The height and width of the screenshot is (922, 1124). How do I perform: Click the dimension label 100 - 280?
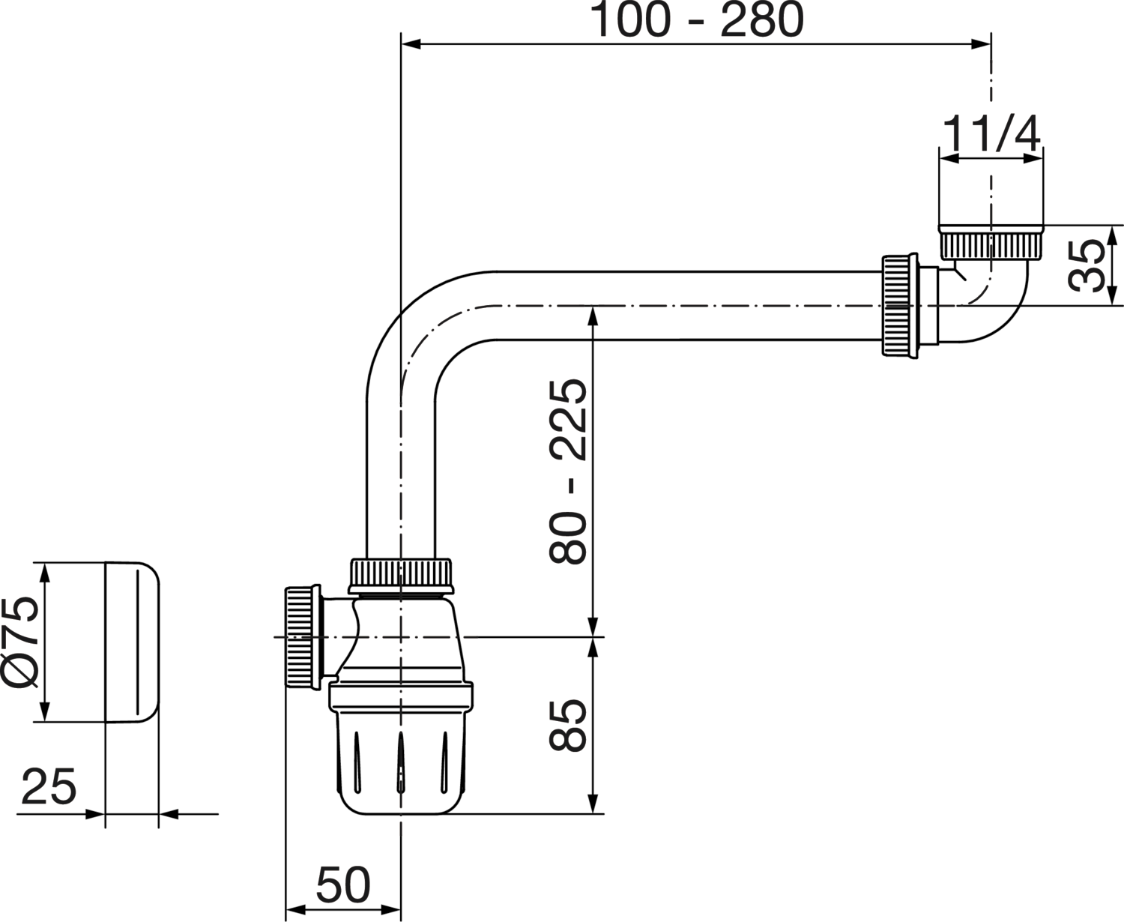[697, 20]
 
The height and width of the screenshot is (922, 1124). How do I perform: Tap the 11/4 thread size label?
[991, 135]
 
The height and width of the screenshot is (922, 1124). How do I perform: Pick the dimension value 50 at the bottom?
[343, 885]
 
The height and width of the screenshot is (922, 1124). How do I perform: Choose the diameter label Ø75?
[20, 642]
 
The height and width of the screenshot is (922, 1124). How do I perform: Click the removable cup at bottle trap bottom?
[401, 765]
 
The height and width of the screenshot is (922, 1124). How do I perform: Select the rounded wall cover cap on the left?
[133, 642]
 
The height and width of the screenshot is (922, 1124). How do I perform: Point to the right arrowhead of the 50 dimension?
[393, 911]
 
